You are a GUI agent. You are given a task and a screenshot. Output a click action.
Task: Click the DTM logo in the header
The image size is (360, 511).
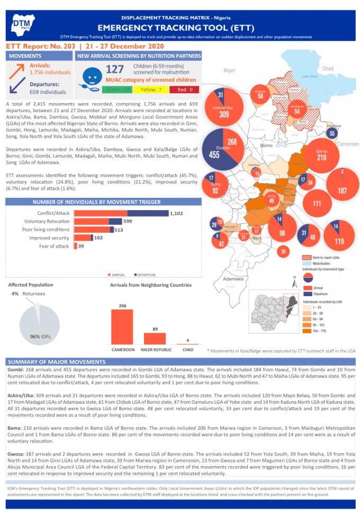pyautogui.click(x=22, y=23)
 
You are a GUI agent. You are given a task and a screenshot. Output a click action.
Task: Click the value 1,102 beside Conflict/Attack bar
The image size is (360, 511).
pyautogui.click(x=176, y=213)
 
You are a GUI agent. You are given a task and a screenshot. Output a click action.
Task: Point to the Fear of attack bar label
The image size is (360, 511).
pyautogui.click(x=53, y=246)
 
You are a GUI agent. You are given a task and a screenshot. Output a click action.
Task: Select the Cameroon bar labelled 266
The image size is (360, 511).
pyautogui.click(x=122, y=326)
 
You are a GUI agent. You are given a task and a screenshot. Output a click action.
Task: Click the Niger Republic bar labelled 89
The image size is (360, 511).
pyautogui.click(x=155, y=339)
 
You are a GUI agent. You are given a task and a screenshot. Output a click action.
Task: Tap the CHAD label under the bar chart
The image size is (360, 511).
pyautogui.click(x=187, y=350)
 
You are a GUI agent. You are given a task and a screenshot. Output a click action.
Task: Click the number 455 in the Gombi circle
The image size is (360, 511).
pyautogui.click(x=215, y=154)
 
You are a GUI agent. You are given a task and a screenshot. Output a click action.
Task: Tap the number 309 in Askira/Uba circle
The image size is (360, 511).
pyautogui.click(x=224, y=114)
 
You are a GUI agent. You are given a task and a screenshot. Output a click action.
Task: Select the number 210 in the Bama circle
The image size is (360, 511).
pyautogui.click(x=321, y=158)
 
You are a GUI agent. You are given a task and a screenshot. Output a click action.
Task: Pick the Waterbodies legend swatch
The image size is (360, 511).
pyautogui.click(x=307, y=263)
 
